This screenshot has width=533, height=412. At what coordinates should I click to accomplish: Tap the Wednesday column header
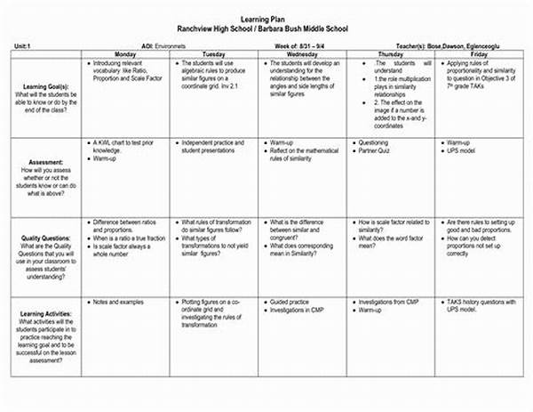[304, 54]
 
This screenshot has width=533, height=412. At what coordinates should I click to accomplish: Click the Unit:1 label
[24, 44]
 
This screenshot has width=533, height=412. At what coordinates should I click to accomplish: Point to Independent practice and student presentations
[217, 147]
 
